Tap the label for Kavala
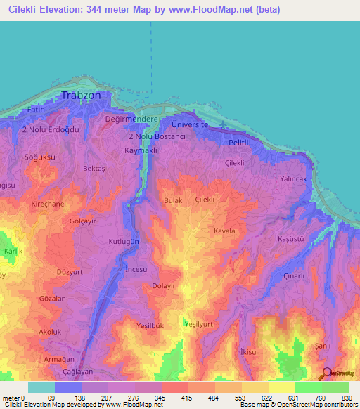pyautogui.click(x=224, y=231)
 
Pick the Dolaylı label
pyautogui.click(x=164, y=286)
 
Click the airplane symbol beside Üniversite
pyautogui.click(x=224, y=126)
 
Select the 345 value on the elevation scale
pyautogui.click(x=149, y=398)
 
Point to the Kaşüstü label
pyautogui.click(x=290, y=239)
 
